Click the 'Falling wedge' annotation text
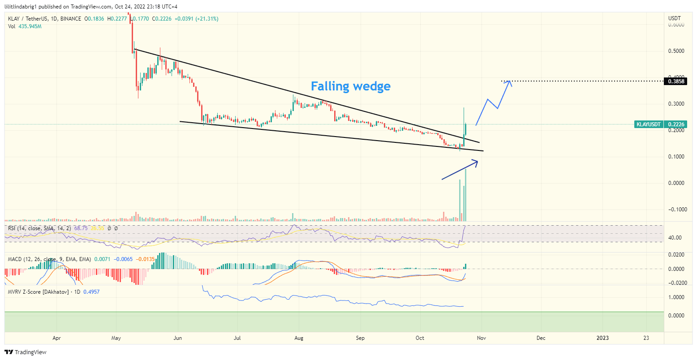tap(350, 86)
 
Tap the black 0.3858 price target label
tap(676, 81)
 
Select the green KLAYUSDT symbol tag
tap(648, 124)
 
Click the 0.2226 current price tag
tap(676, 124)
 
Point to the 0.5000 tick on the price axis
tap(676, 51)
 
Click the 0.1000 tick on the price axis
tap(676, 157)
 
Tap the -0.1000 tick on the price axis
tap(675, 210)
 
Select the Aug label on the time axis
tap(299, 338)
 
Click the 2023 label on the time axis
tap(602, 338)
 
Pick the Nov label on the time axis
tap(481, 338)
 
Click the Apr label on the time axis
tap(56, 338)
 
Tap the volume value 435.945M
tap(30, 26)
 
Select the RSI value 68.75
tap(81, 228)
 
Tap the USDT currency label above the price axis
tap(674, 18)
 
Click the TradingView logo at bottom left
tap(26, 352)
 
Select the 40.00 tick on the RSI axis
tap(675, 238)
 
